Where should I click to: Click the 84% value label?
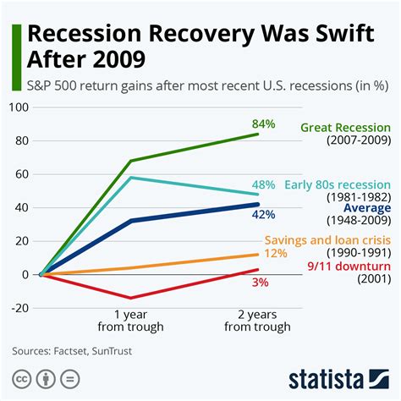[x=263, y=124]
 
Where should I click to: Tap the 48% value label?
[x=264, y=184]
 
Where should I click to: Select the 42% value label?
[x=264, y=215]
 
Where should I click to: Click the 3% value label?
[x=261, y=282]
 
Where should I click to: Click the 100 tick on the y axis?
[x=18, y=107]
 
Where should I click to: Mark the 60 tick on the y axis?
[x=21, y=174]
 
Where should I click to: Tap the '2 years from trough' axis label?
[x=259, y=320]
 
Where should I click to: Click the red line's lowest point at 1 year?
[x=129, y=298]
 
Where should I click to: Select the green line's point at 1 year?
[x=129, y=161]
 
